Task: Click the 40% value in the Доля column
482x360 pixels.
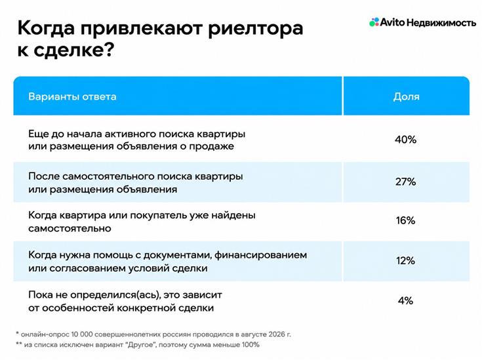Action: point(405,140)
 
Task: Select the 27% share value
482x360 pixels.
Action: point(405,182)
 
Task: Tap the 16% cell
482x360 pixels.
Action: point(405,220)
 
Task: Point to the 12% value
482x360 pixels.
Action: point(405,261)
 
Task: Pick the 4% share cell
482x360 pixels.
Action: point(405,300)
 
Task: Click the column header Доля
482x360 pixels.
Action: point(406,97)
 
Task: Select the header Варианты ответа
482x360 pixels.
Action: point(72,96)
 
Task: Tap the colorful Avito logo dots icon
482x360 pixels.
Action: point(374,22)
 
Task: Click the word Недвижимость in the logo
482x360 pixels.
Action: point(441,22)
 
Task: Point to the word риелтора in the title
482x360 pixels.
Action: point(255,28)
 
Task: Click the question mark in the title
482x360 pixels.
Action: point(109,49)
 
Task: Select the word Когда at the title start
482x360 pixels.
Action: point(46,28)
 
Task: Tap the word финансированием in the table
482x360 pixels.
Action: point(261,255)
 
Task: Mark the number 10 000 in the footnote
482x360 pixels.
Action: point(81,334)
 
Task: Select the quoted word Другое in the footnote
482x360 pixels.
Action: point(140,345)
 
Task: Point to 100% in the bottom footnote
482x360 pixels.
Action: point(251,345)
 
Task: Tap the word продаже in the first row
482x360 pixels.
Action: point(211,146)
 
